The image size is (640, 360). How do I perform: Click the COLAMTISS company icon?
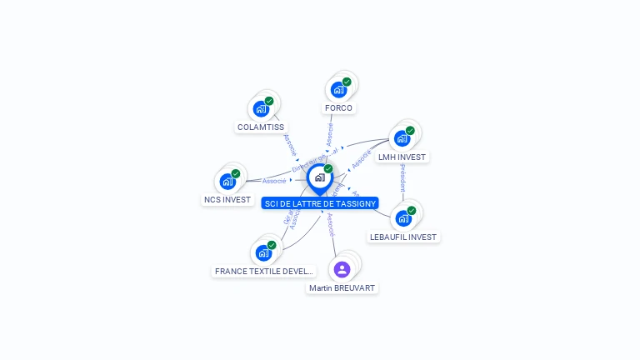[x=262, y=109]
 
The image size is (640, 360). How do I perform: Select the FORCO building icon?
[x=338, y=90]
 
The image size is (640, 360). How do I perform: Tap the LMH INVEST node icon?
[x=402, y=138]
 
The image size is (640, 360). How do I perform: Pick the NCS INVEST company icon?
[x=227, y=181]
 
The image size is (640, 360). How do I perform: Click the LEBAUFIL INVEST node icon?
[x=403, y=218]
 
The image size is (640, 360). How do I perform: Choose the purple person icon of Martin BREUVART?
[x=342, y=269]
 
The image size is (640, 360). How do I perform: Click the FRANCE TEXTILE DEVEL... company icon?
[x=263, y=252]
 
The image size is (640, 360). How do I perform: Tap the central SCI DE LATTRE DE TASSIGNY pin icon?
[x=319, y=177]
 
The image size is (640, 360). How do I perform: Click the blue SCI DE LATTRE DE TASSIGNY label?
[x=320, y=203]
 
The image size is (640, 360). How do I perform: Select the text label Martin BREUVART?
[x=342, y=288]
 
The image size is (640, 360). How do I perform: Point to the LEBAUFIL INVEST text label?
[x=403, y=237]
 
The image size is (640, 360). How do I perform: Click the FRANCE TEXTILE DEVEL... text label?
[x=264, y=272]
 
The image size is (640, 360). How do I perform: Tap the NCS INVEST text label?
[x=227, y=200]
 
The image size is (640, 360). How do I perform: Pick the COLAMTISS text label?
[x=261, y=127]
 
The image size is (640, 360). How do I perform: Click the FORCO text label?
[x=338, y=108]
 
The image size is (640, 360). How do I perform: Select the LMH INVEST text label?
[x=402, y=157]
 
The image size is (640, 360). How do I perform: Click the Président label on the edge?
[x=402, y=177]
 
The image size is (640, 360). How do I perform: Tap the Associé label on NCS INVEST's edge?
[x=275, y=180]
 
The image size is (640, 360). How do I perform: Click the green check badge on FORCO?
[x=347, y=82]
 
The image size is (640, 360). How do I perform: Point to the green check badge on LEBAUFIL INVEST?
[x=411, y=211]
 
